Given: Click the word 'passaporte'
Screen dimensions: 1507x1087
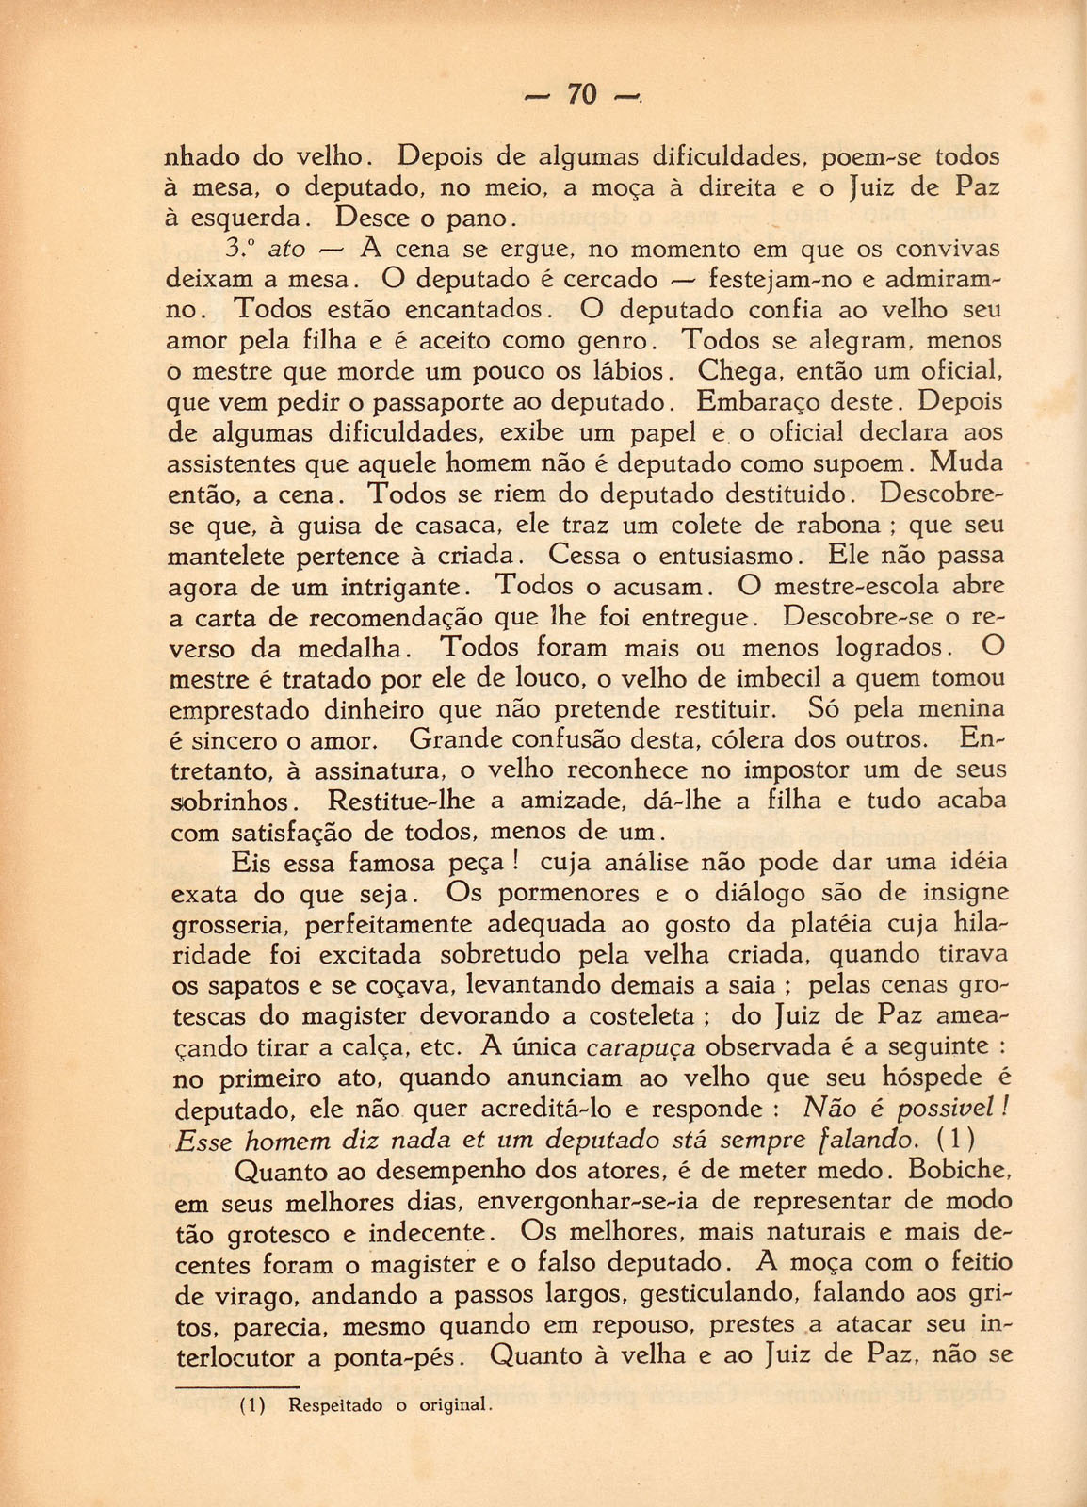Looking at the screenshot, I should tap(437, 402).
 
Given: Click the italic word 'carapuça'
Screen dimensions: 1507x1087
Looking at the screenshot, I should tap(641, 1046).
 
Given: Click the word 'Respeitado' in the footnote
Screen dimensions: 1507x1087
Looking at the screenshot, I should tap(335, 1405).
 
